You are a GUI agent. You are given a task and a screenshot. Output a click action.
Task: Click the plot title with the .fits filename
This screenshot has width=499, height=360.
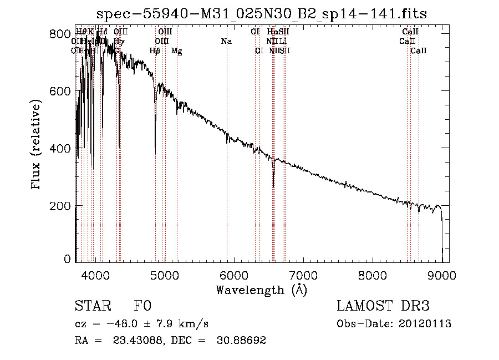tap(261, 14)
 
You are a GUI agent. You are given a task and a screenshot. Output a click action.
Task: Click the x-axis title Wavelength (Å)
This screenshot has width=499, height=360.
tap(261, 290)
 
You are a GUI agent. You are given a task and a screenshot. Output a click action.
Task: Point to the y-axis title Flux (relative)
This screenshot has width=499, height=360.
tap(37, 146)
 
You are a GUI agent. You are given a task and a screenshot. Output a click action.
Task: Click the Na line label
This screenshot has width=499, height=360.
tap(226, 42)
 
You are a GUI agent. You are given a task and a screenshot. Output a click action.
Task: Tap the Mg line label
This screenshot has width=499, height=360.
tap(177, 51)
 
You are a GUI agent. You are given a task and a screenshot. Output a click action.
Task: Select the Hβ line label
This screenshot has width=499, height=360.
tap(155, 51)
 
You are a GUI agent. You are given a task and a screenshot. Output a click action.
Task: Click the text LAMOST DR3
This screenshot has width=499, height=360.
tap(383, 307)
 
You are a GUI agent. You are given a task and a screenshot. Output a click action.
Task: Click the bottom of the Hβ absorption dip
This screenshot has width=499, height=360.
tap(155, 146)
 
